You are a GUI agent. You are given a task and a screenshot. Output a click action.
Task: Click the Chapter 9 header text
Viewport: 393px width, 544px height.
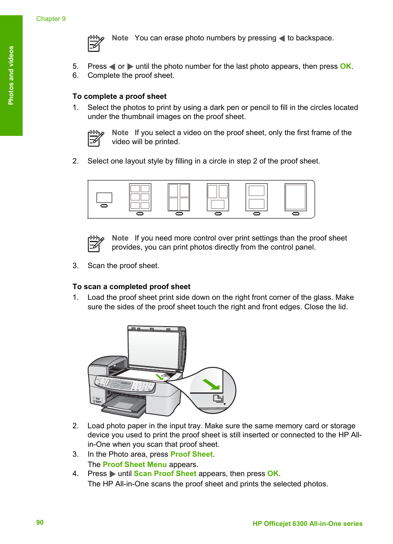point(51,19)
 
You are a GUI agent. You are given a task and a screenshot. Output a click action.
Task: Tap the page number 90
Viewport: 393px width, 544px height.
point(40,522)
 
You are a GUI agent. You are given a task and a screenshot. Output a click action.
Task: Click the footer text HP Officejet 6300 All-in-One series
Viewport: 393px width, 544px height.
point(307,523)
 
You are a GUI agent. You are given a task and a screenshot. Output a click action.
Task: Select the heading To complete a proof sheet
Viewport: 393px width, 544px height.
point(119,96)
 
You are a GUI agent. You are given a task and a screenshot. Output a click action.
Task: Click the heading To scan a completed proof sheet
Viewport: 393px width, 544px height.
point(131,287)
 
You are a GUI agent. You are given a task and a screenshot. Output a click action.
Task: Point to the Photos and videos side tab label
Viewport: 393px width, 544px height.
point(11,75)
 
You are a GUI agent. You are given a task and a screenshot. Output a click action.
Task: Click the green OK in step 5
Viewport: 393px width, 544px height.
point(345,66)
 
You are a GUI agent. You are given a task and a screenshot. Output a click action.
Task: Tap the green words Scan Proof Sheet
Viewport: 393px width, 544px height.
point(165,474)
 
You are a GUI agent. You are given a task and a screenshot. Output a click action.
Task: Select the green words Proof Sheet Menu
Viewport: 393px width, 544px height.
point(135,465)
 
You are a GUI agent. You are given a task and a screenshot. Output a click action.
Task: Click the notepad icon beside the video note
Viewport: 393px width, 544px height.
point(96,138)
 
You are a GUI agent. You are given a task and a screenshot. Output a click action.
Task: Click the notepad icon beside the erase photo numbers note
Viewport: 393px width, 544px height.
point(96,43)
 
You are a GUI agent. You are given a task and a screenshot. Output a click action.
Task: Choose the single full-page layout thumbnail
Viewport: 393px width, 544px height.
point(295,197)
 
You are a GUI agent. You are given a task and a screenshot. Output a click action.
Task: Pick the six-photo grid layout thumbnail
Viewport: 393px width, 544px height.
point(140,197)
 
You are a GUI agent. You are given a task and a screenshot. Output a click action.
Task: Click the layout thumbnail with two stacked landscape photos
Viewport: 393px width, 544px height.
point(256,197)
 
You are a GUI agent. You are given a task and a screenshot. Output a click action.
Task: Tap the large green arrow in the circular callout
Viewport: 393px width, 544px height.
point(211,385)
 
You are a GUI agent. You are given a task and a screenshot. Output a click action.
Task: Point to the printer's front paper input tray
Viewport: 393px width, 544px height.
point(124,406)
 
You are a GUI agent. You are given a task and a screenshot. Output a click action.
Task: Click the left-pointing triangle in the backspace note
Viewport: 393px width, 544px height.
point(282,38)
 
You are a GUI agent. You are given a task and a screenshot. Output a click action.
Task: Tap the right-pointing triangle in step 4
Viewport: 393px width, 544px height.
point(112,474)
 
